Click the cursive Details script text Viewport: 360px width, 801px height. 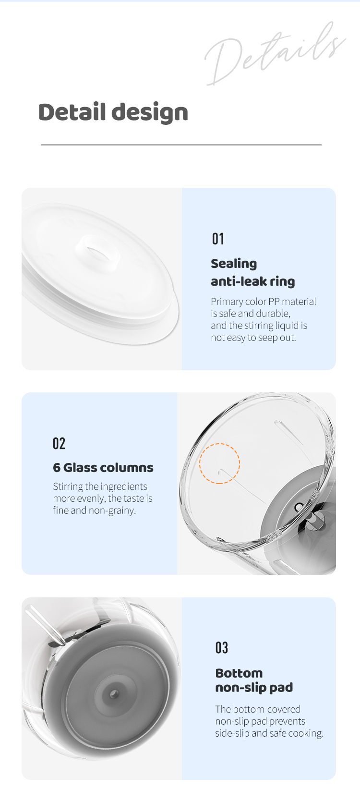(x=275, y=54)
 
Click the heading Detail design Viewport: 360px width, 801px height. (x=113, y=112)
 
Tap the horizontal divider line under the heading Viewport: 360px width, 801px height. (x=181, y=145)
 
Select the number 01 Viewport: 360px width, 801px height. (x=218, y=239)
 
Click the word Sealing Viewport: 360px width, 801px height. (x=234, y=264)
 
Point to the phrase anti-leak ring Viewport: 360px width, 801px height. (x=253, y=281)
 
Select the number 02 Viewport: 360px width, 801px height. (x=59, y=443)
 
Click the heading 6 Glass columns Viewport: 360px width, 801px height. (x=103, y=468)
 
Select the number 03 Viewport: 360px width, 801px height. (x=222, y=648)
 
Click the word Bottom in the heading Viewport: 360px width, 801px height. (x=239, y=673)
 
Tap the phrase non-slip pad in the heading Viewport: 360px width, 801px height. (x=254, y=688)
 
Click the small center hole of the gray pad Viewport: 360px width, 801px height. (x=114, y=694)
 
